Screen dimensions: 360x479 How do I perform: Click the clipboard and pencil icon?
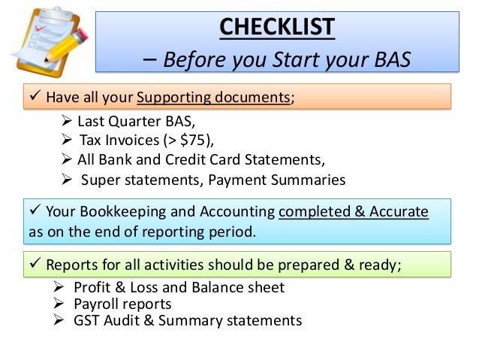[x=47, y=44]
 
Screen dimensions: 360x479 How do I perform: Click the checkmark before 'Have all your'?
[x=35, y=98]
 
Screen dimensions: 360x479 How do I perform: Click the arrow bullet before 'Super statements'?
[x=65, y=180]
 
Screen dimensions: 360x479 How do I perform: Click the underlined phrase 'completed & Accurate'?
[x=353, y=213]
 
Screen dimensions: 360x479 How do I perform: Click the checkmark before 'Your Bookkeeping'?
[x=35, y=213]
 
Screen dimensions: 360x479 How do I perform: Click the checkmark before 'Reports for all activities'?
[x=35, y=265]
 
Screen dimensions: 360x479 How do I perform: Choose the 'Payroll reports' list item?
[x=122, y=304]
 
